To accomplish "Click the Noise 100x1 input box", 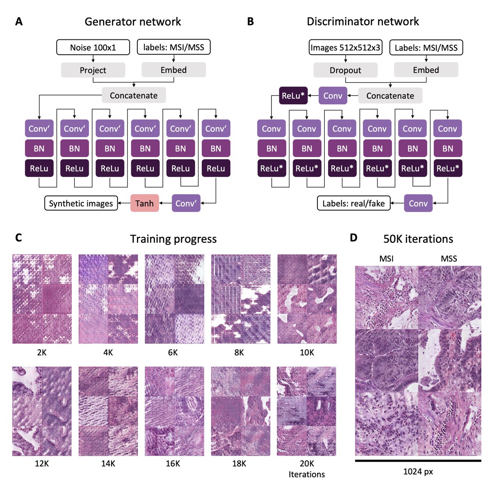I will click(x=93, y=47).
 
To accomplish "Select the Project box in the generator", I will click(x=93, y=70).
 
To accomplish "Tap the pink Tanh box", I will click(x=144, y=203).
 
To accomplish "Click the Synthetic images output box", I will click(x=81, y=203).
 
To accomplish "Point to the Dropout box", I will click(x=345, y=70).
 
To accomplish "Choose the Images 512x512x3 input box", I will click(x=345, y=47).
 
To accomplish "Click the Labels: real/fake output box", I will click(x=353, y=203).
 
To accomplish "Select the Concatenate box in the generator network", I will click(x=134, y=95).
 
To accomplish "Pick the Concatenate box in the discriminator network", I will click(x=390, y=96).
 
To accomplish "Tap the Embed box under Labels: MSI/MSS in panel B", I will click(x=426, y=70).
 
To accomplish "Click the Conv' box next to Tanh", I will click(x=186, y=203).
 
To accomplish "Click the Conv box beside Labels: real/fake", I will click(x=418, y=203).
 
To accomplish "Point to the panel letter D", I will click(x=353, y=238).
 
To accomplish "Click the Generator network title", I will click(x=132, y=21).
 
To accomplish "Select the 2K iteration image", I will click(x=42, y=299).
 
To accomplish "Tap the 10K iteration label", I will click(x=307, y=352).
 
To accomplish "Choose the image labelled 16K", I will click(x=174, y=411).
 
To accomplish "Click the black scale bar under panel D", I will click(x=418, y=461).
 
